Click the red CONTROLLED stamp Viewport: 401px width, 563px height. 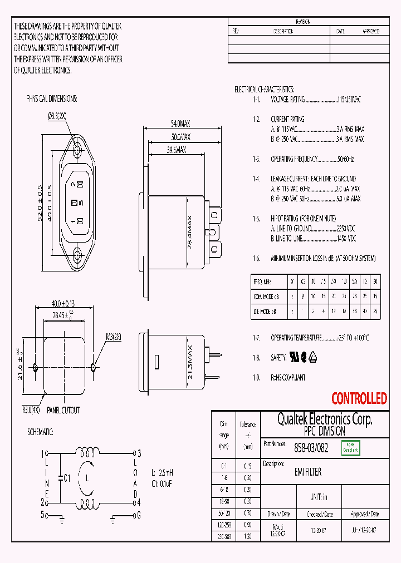359,398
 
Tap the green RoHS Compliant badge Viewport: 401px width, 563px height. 351,447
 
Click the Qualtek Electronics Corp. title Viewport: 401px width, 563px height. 325,419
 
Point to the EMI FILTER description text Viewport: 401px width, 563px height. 307,472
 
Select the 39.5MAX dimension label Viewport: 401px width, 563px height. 177,150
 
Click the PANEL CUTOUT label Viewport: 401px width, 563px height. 62,411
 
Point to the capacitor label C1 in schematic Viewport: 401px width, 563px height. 67,477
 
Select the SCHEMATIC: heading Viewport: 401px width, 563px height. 41,432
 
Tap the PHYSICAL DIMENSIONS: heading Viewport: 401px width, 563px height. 52,98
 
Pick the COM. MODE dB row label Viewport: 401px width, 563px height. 266,297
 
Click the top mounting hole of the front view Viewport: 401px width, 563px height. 77,149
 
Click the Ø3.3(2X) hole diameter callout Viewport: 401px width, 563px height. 57,116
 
